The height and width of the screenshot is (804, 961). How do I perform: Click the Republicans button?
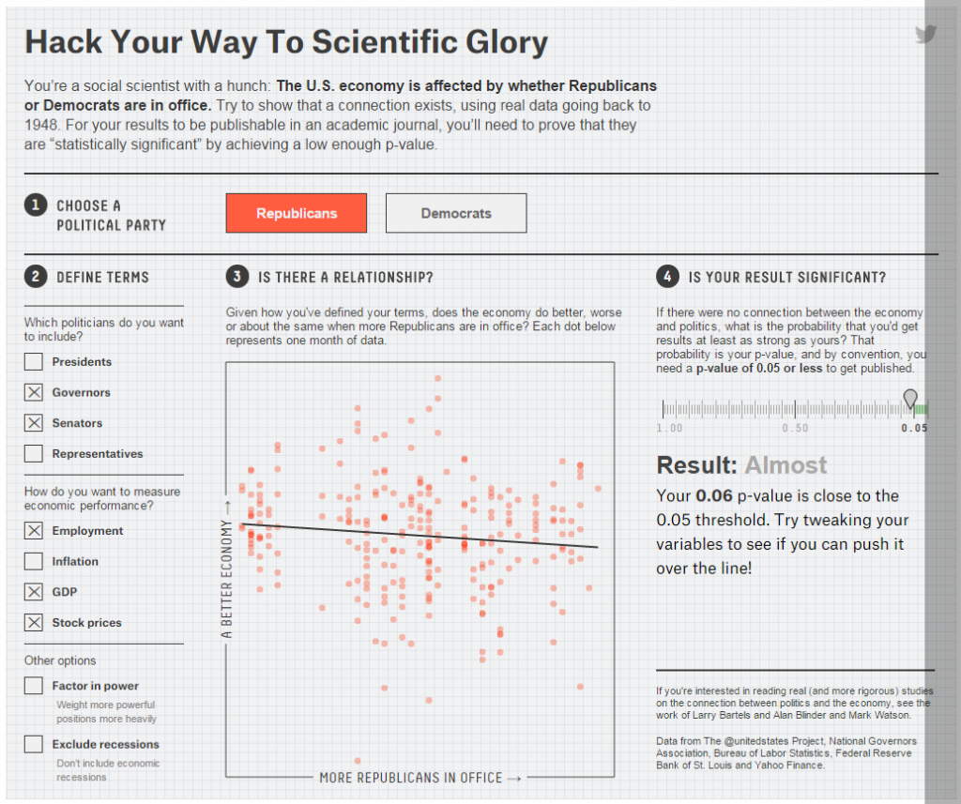(296, 213)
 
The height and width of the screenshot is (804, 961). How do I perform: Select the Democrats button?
(456, 213)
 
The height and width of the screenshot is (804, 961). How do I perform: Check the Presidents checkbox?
(34, 362)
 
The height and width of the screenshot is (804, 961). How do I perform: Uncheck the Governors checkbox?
(34, 392)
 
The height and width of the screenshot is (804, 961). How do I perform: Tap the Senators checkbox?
(34, 423)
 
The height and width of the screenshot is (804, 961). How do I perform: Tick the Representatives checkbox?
(34, 454)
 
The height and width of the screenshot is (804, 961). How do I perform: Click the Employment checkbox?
(34, 531)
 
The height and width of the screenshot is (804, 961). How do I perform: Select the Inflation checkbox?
(34, 561)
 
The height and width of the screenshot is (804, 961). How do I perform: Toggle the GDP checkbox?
(34, 592)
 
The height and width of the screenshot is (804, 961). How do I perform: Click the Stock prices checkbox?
(34, 622)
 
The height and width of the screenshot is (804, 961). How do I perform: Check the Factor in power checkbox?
(34, 686)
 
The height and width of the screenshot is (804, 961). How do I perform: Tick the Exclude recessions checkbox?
(34, 744)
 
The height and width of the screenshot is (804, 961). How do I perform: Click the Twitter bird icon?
(926, 35)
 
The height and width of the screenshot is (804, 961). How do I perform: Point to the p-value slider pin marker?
(909, 399)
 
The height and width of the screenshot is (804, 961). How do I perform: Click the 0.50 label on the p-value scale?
(795, 428)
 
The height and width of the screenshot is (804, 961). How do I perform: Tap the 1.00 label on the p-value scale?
(669, 428)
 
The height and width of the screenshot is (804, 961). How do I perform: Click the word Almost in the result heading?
(786, 465)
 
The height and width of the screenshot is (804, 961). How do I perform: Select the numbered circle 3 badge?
(236, 277)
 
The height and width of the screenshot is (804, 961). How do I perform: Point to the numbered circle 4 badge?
(666, 277)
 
